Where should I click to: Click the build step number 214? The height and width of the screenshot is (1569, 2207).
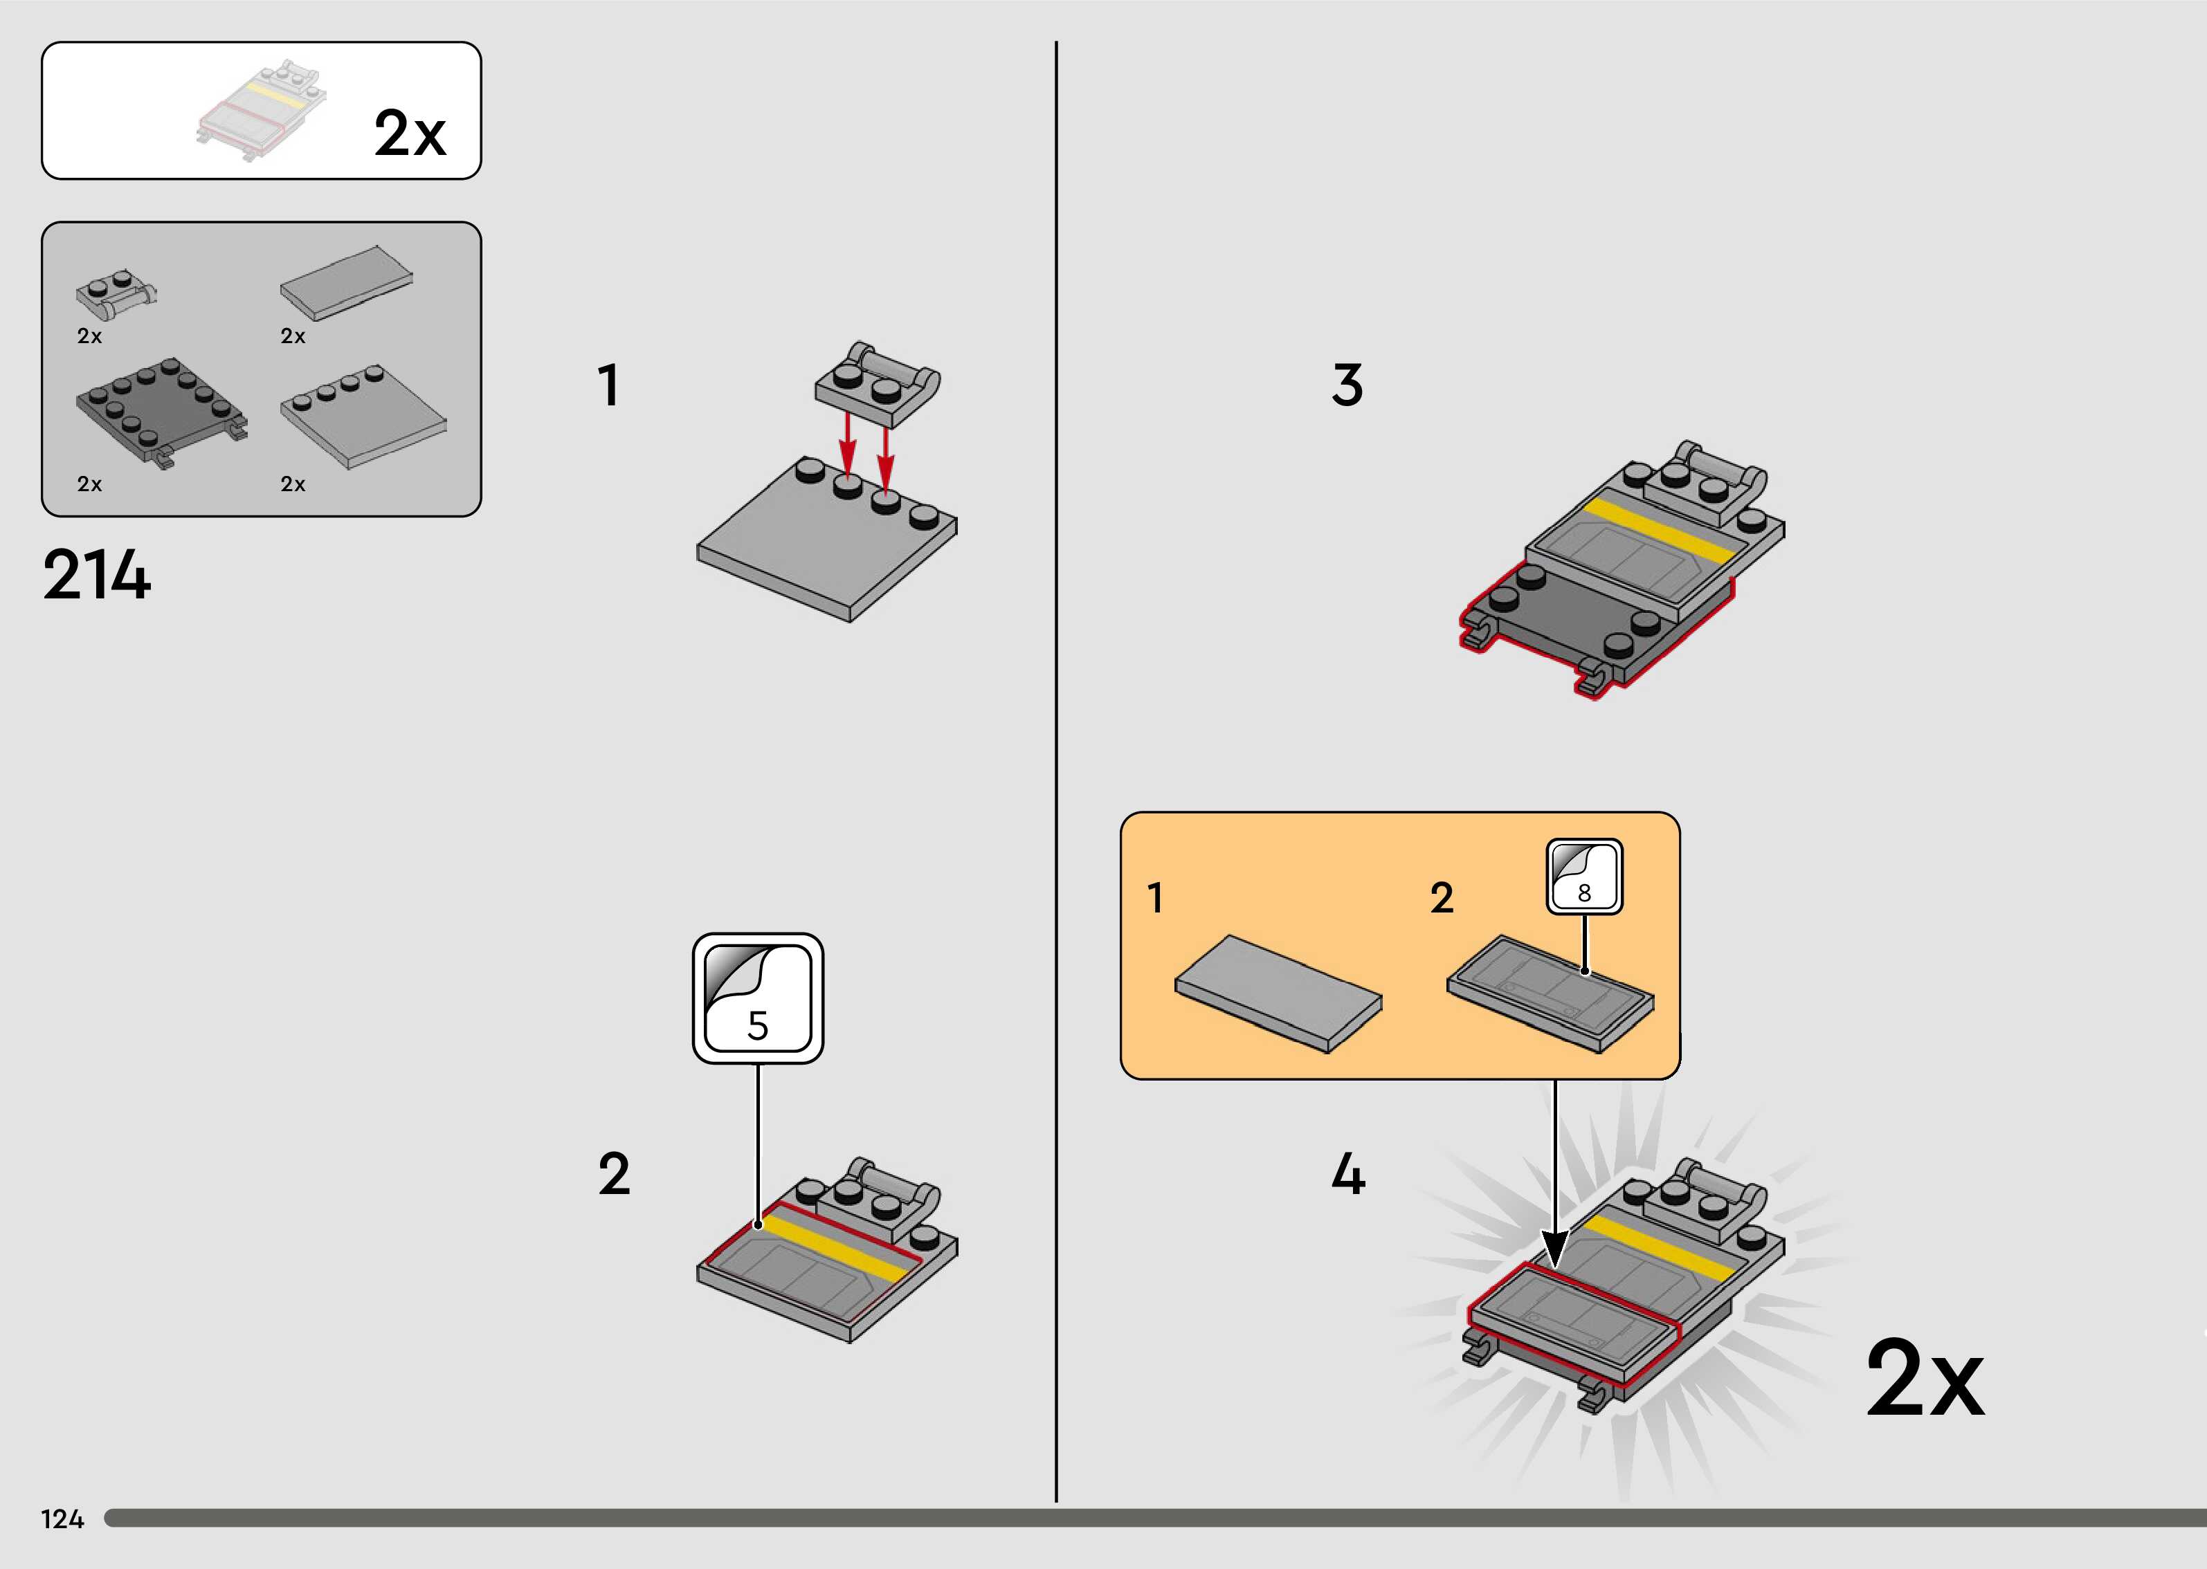pos(97,576)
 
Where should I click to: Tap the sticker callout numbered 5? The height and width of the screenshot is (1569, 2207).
pos(758,999)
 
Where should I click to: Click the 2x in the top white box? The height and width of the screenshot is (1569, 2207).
pos(410,134)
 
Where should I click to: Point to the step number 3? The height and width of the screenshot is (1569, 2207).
pos(1347,385)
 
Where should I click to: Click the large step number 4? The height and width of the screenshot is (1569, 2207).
pos(1348,1174)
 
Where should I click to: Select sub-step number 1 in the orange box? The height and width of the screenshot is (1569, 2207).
pos(1155,897)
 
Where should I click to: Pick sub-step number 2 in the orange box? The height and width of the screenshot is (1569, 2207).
pos(1442,897)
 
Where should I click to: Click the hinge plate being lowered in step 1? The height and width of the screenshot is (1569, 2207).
pos(876,385)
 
